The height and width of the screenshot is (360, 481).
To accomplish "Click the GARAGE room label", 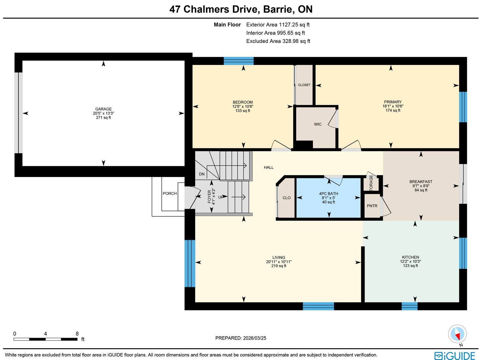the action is pyautogui.click(x=103, y=109).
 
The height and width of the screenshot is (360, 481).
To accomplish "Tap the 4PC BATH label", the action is pyautogui.click(x=329, y=194).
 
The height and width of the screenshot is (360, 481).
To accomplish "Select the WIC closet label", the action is pyautogui.click(x=317, y=124).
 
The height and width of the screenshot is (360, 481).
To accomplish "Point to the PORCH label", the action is pyautogui.click(x=170, y=193).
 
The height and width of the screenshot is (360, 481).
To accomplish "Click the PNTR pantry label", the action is pyautogui.click(x=372, y=206).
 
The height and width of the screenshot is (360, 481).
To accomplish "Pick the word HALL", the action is pyautogui.click(x=269, y=167).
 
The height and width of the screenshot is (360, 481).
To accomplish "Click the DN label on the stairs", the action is pyautogui.click(x=202, y=174).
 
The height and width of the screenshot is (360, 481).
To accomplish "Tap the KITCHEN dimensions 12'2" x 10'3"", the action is pyautogui.click(x=410, y=261).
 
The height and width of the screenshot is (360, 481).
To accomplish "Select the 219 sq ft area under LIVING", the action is pyautogui.click(x=279, y=266).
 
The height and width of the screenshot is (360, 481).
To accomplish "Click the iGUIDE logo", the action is pyautogui.click(x=455, y=355).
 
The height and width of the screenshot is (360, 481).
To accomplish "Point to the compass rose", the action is pyautogui.click(x=457, y=334).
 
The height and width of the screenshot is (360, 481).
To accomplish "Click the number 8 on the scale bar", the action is pyautogui.click(x=77, y=334).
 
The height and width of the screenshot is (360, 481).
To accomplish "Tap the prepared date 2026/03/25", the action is pyautogui.click(x=255, y=338).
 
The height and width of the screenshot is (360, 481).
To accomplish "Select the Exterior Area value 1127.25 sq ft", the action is pyautogui.click(x=294, y=25).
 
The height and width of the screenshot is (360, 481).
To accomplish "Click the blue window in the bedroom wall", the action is pyautogui.click(x=238, y=61).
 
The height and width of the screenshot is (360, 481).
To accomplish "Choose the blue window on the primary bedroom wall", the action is pyautogui.click(x=463, y=107).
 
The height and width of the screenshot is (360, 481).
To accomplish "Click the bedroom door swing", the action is pyautogui.click(x=281, y=145).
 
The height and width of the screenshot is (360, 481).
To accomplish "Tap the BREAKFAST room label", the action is pyautogui.click(x=421, y=182).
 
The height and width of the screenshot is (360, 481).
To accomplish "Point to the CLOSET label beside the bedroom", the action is pyautogui.click(x=304, y=85).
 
